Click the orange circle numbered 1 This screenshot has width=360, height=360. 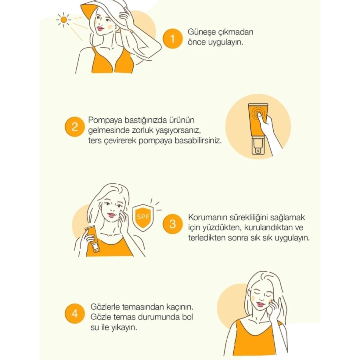(x=173, y=38)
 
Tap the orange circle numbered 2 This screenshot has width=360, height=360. (x=75, y=127)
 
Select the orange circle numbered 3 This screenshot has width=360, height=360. (x=173, y=224)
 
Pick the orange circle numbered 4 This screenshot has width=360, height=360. (x=75, y=314)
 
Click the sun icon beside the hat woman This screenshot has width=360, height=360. (x=64, y=20)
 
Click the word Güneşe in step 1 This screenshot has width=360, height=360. (x=201, y=32)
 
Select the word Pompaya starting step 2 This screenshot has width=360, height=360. (x=105, y=120)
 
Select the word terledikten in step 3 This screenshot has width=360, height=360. (x=207, y=238)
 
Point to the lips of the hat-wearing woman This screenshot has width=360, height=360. (x=100, y=29)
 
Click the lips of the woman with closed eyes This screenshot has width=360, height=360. (x=260, y=304)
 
